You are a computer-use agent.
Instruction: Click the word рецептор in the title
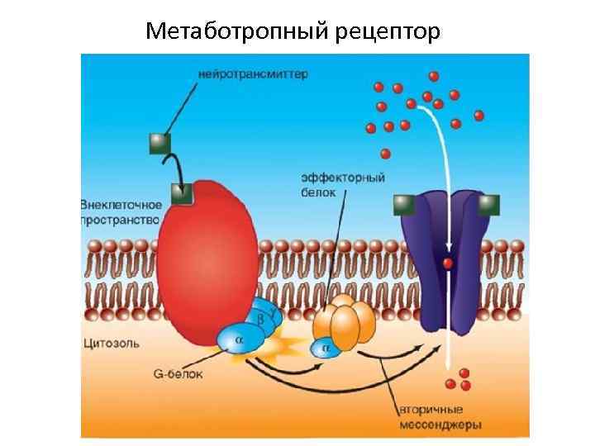click(x=389, y=33)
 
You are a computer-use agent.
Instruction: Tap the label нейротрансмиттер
click(x=253, y=74)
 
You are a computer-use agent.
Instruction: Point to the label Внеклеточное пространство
click(x=119, y=211)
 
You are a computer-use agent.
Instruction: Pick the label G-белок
click(x=178, y=373)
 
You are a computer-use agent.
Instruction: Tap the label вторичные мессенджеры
click(x=440, y=417)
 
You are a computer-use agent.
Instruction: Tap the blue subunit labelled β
click(x=259, y=317)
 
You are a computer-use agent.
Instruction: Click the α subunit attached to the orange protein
click(x=325, y=349)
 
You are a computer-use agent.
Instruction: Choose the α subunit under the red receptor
click(x=239, y=338)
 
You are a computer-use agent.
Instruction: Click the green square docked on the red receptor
click(x=182, y=194)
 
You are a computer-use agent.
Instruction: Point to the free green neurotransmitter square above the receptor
click(x=159, y=145)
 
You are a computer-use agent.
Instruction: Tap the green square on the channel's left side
click(x=403, y=204)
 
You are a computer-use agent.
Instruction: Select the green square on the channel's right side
click(x=489, y=204)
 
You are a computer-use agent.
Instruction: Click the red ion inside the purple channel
click(x=447, y=263)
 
